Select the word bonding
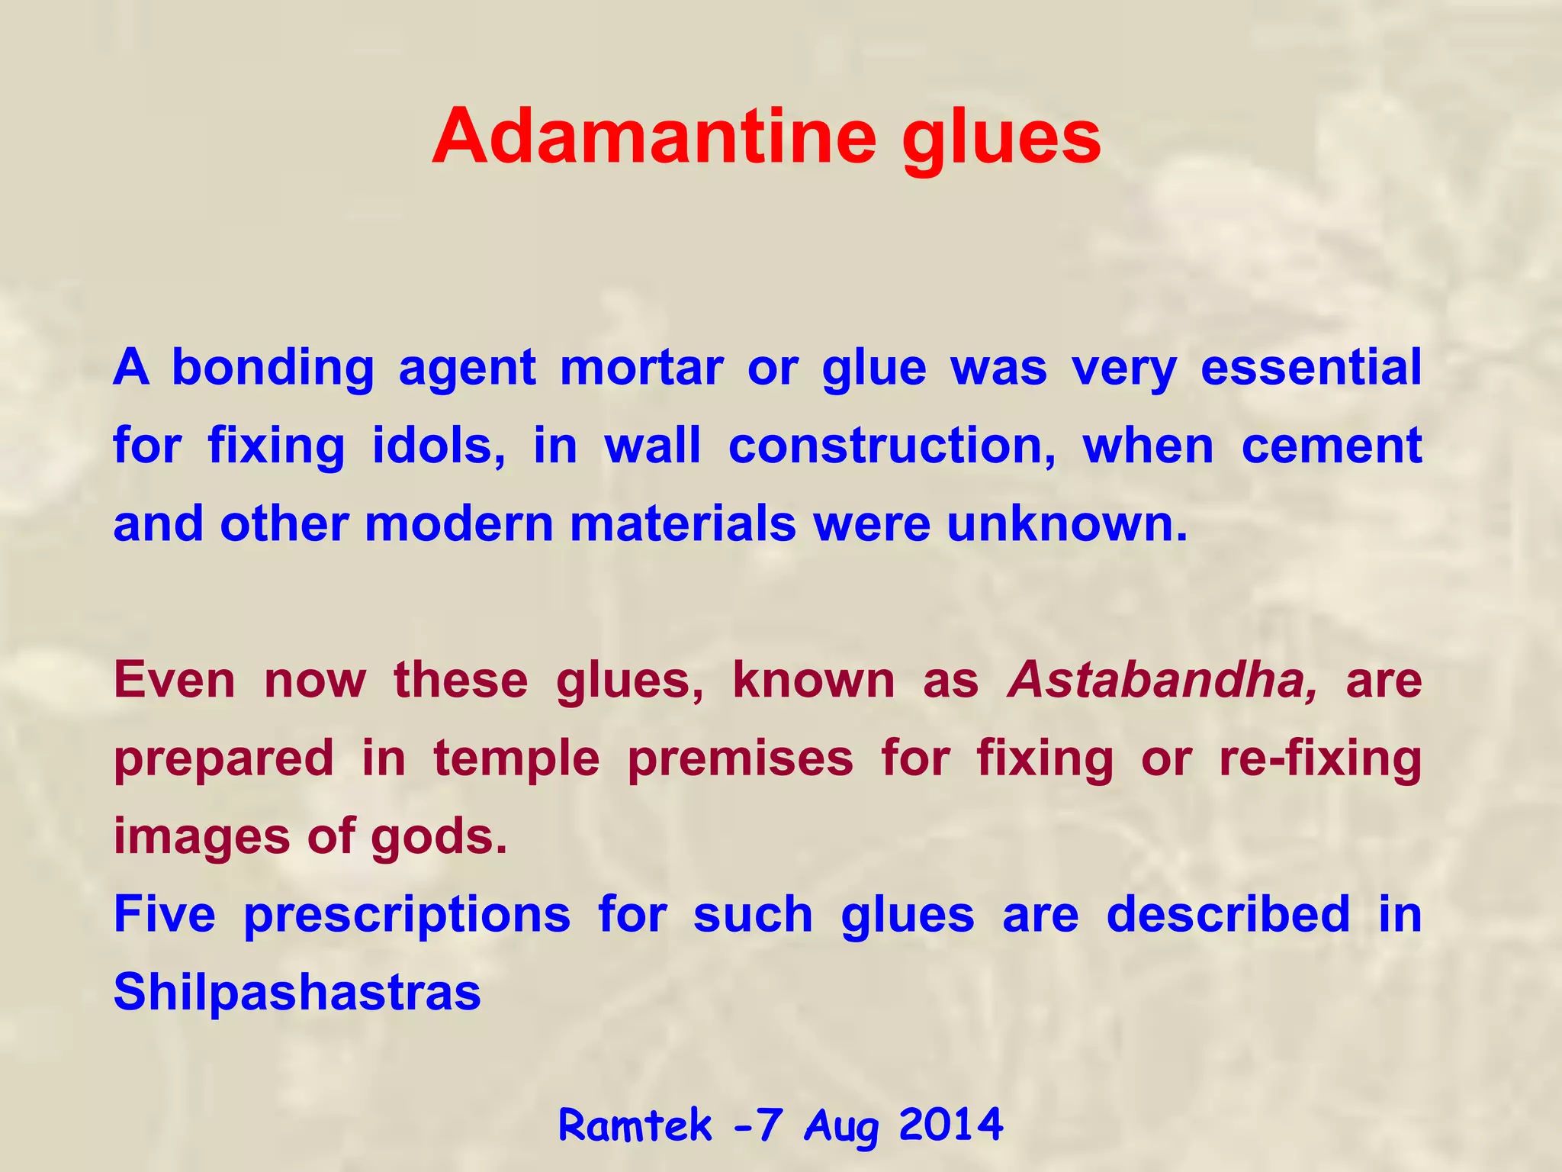[x=272, y=369]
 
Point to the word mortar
[x=641, y=369]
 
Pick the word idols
[x=439, y=446]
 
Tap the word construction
[x=892, y=447]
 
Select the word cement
[x=1331, y=447]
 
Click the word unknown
[x=1066, y=525]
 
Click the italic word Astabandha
[x=1162, y=679]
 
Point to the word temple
[x=516, y=760]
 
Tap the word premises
[x=740, y=760]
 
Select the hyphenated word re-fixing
[x=1319, y=760]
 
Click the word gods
[x=439, y=838]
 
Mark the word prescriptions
[x=407, y=916]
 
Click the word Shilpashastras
[x=297, y=993]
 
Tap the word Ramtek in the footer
[x=635, y=1125]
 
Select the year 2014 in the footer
[x=950, y=1125]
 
